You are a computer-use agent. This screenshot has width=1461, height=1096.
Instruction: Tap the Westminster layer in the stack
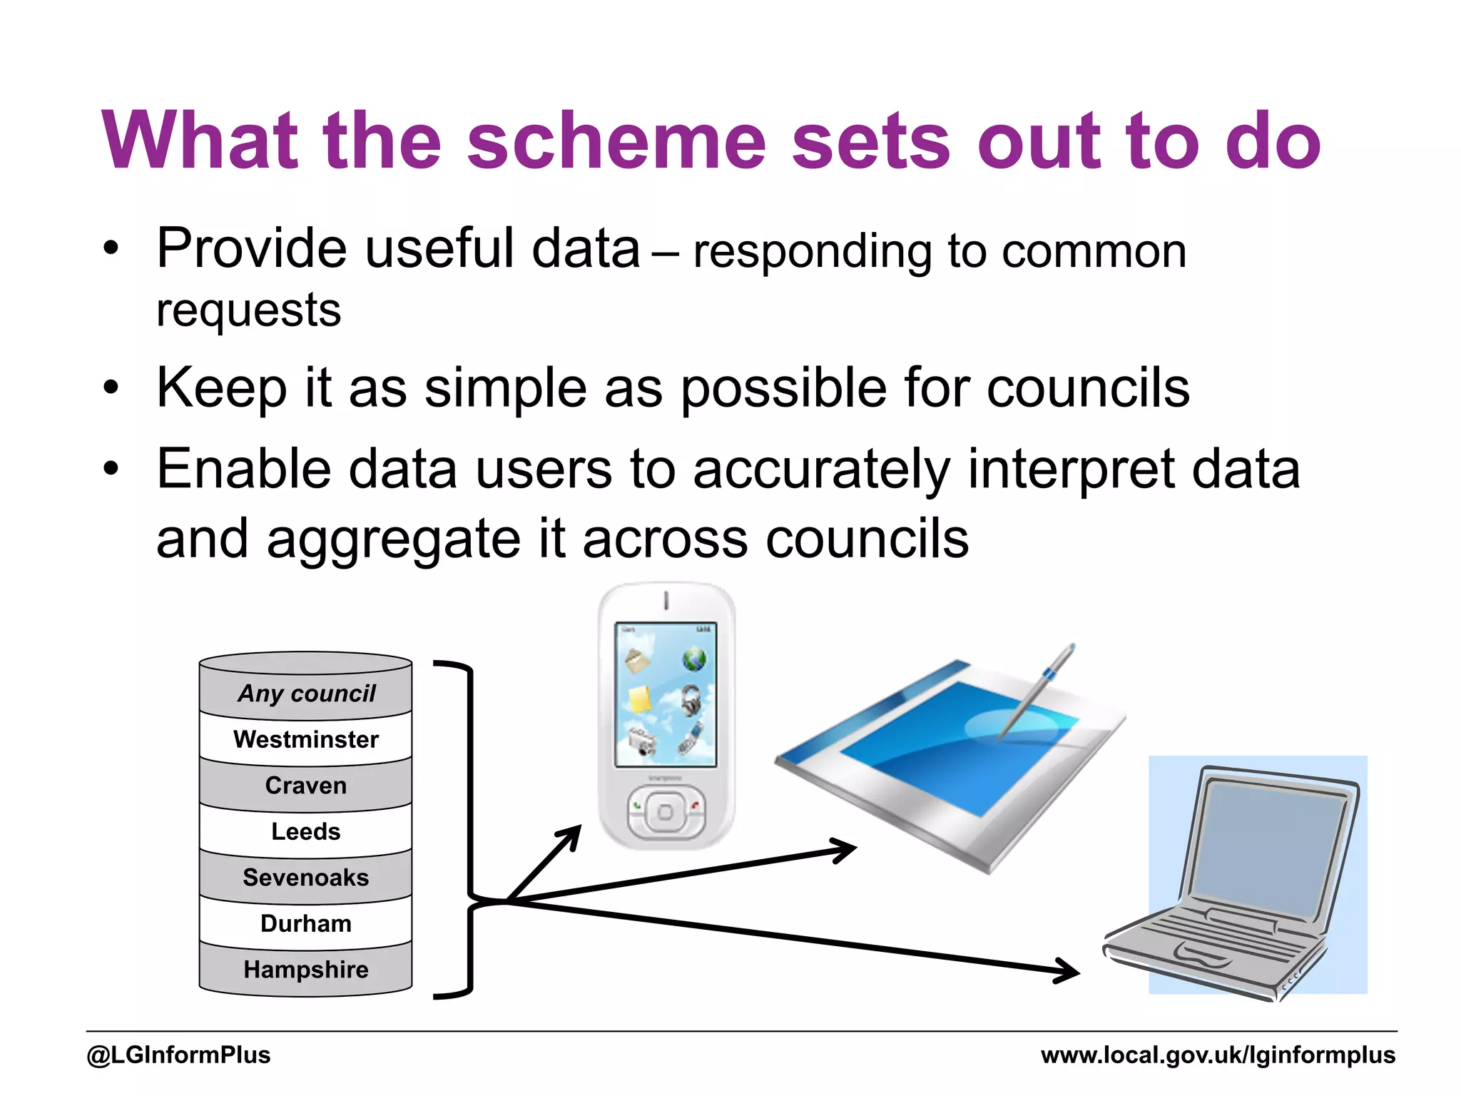coord(305,740)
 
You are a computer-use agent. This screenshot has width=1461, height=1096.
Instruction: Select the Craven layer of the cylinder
coord(305,786)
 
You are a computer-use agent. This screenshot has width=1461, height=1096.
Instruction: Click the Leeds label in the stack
coord(305,832)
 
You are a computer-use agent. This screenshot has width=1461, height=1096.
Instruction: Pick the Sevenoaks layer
coord(305,878)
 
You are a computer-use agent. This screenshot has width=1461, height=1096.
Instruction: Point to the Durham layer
coord(305,924)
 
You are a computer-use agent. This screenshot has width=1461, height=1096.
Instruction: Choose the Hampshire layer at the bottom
coord(305,970)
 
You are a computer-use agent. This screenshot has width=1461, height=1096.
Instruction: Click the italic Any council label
coord(307,694)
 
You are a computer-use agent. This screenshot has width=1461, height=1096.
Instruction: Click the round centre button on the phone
coord(665,813)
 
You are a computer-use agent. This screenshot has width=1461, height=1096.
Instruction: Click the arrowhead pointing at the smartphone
coord(571,835)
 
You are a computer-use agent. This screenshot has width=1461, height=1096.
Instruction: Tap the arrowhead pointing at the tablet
coord(845,850)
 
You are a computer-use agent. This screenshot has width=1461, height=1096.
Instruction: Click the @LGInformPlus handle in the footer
coord(178,1055)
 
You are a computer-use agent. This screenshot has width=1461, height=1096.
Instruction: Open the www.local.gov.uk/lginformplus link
coord(1218,1055)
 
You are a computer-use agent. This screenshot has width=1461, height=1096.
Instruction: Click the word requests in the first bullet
coord(248,311)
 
